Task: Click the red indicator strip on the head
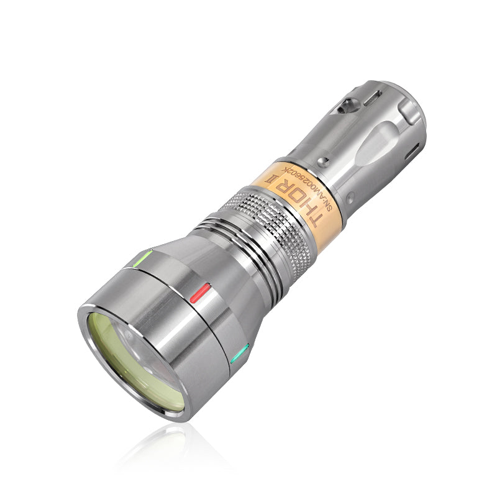coord(201,291)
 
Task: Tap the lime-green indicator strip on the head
coord(142,257)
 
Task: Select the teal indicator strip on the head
coord(239,354)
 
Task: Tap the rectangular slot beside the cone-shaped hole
coord(373,98)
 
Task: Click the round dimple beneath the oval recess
coord(352,198)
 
